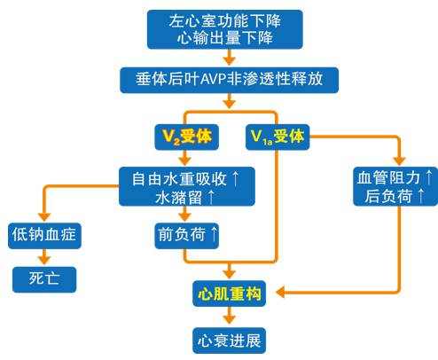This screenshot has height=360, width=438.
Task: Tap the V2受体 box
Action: (184, 137)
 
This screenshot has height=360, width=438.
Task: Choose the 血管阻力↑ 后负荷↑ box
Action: (393, 187)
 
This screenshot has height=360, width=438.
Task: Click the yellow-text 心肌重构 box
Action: (228, 293)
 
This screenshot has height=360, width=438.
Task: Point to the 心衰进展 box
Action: (228, 339)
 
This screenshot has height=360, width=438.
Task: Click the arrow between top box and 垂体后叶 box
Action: (228, 58)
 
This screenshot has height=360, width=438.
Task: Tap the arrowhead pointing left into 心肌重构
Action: (281, 292)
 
